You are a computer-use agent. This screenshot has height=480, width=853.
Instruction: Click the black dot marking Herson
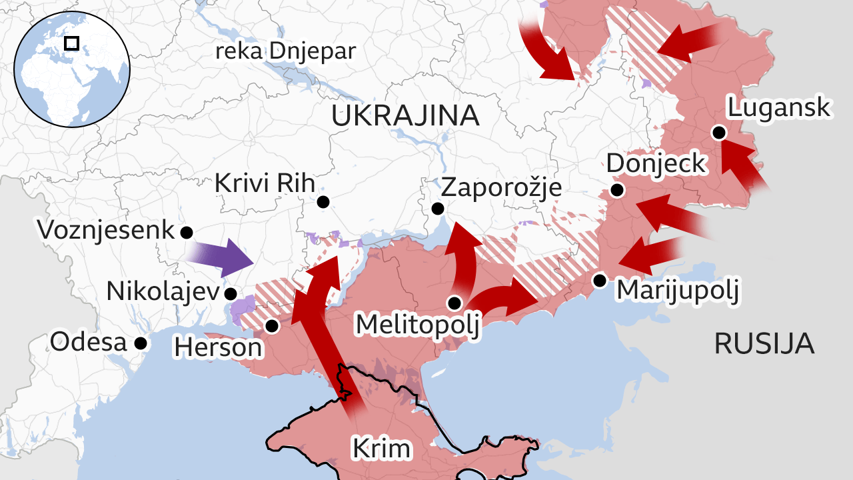click(272, 326)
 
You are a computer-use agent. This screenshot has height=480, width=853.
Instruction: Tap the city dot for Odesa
click(141, 343)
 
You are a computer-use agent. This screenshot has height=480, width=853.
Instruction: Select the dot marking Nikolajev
click(231, 293)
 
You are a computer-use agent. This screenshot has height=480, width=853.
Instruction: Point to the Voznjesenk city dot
click(187, 233)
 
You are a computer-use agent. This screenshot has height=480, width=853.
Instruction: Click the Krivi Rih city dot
click(323, 201)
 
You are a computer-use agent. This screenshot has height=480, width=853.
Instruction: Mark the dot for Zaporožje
click(438, 209)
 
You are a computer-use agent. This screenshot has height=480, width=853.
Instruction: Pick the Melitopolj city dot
click(454, 303)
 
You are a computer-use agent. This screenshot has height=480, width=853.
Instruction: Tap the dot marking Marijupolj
click(600, 280)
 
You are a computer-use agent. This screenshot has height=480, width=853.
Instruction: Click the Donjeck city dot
click(617, 191)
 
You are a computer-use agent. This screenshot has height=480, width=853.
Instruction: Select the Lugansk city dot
click(718, 132)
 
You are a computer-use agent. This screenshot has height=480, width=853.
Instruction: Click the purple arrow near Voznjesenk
click(220, 257)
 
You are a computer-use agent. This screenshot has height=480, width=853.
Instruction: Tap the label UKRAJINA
click(405, 116)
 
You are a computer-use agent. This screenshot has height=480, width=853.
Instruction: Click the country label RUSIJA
click(764, 344)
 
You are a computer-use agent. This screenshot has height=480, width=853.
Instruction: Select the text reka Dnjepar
click(285, 51)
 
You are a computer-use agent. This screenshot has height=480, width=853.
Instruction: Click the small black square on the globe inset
click(71, 43)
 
